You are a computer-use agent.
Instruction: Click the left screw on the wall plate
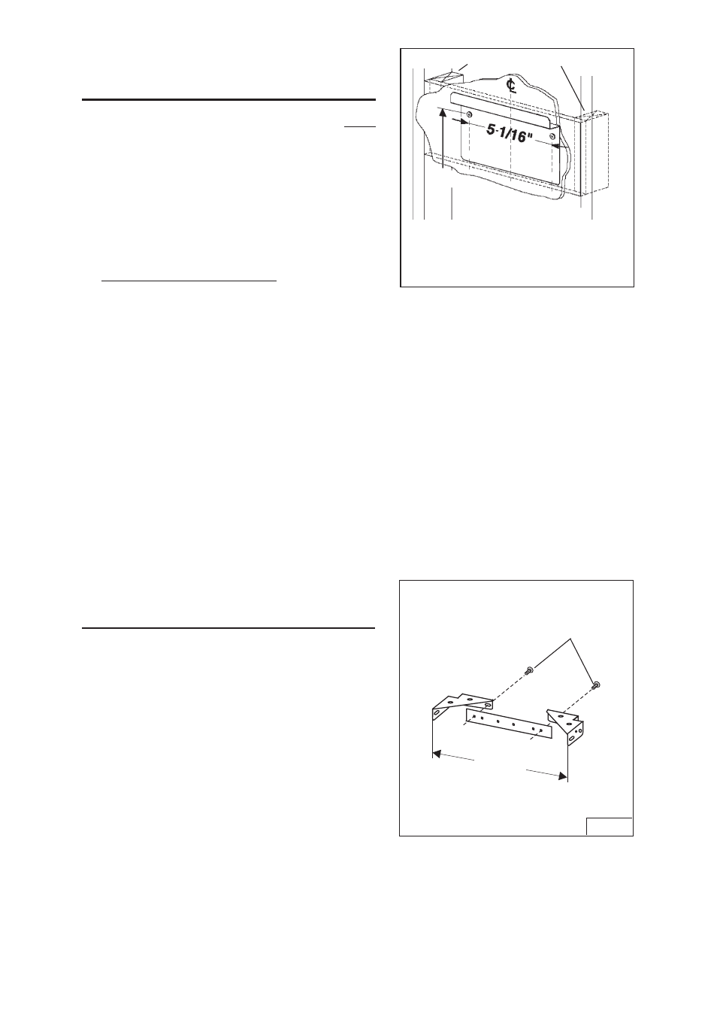(469, 114)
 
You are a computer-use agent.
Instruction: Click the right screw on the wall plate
(552, 137)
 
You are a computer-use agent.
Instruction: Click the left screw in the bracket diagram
(529, 669)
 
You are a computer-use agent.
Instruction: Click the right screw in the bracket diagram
(595, 685)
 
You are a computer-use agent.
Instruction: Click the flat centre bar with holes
(509, 724)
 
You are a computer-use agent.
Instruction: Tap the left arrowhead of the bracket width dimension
(434, 751)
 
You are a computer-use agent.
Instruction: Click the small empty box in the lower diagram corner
(609, 825)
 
